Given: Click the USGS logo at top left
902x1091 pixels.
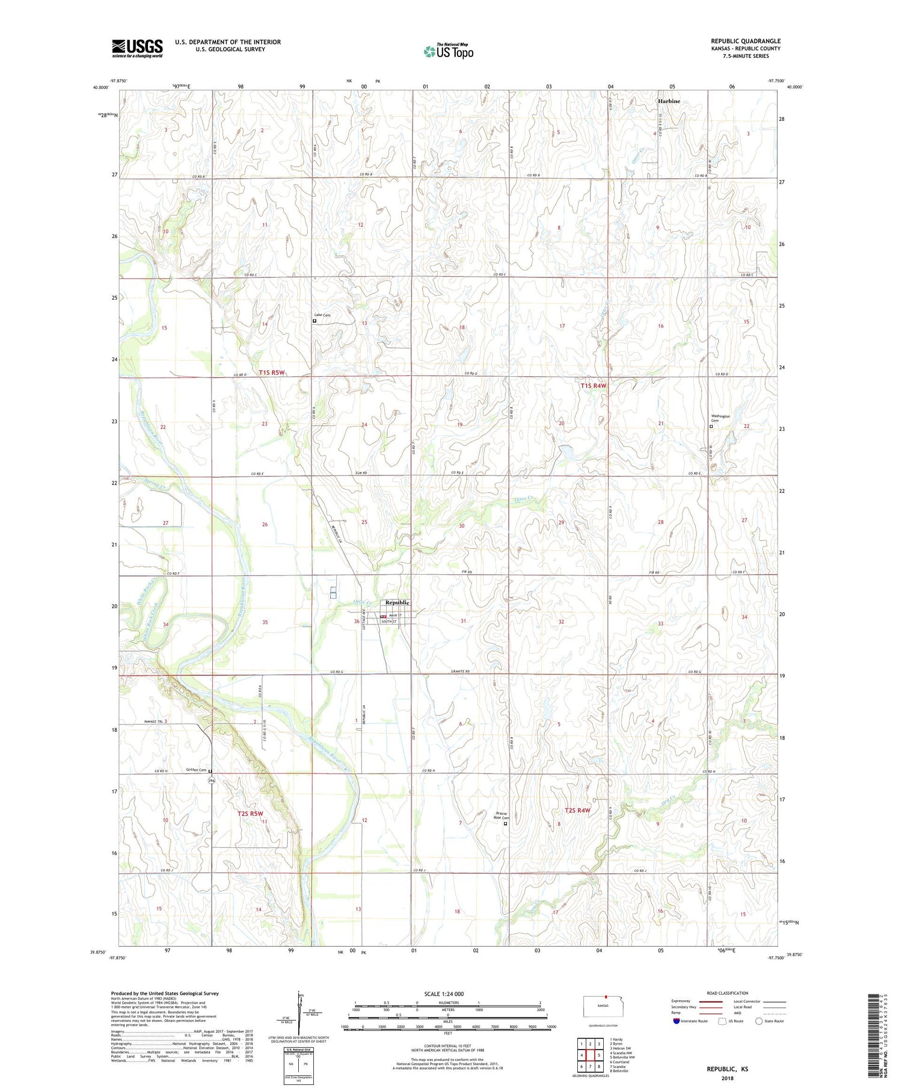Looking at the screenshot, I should point(137,48).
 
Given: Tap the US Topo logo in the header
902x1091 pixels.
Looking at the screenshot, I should point(448,51).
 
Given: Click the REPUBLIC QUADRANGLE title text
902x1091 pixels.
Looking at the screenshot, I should point(746,41).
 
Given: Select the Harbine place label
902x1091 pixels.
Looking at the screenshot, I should point(669,101).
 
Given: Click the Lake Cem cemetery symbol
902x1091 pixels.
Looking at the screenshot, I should point(314,321).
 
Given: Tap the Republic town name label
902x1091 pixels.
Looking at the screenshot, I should point(397,602).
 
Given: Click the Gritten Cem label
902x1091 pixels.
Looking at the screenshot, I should point(196,770).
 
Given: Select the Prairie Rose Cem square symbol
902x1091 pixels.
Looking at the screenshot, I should point(505,824).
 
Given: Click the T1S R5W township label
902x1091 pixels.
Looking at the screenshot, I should point(271,372).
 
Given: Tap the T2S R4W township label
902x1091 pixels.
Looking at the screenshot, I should point(577,811).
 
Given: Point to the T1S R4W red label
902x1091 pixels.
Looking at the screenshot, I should point(594,386).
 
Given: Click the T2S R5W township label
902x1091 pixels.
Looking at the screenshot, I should point(250,814).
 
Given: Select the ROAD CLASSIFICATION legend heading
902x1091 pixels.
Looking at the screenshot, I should point(727,993).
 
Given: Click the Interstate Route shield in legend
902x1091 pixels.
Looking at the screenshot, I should point(677,1021).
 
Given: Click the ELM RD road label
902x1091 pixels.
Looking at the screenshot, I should point(361,473).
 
